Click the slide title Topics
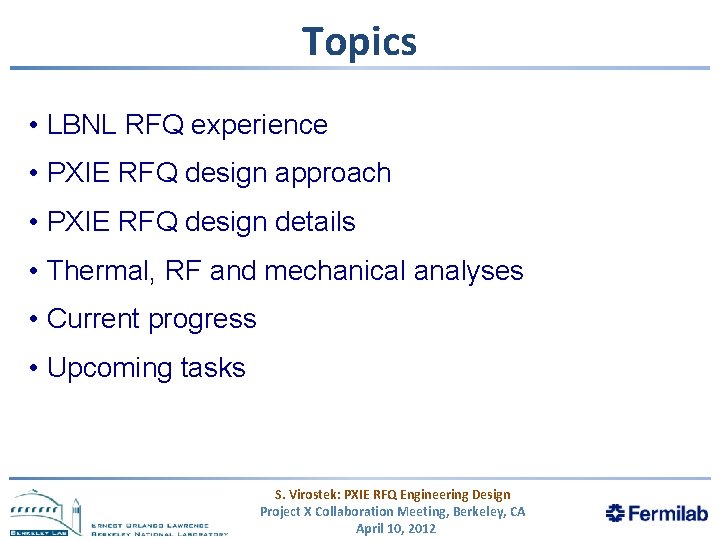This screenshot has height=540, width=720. pos(359,41)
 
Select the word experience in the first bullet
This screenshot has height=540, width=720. pos(259,125)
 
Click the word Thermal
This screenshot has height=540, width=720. pos(96,270)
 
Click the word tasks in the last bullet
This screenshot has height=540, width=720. pos(213,368)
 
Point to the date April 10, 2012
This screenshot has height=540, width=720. pos(396,528)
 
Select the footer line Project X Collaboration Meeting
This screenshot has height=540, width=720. pos(392,511)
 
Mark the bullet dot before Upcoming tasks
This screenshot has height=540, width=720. pos(34,369)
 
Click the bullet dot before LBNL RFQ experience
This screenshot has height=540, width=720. pos(34,126)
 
